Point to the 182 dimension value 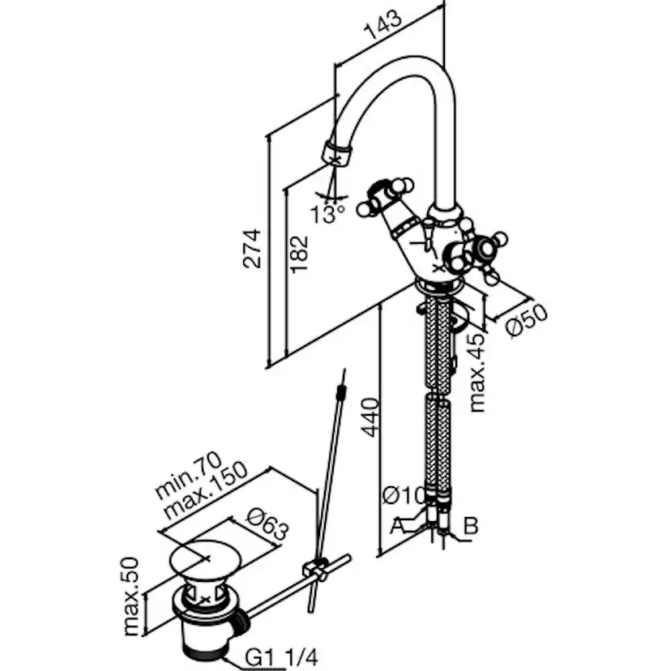298,254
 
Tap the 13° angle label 327,214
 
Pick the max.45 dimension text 479,372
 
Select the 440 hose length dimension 368,417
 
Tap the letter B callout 470,525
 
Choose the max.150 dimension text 203,494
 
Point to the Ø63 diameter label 264,524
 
